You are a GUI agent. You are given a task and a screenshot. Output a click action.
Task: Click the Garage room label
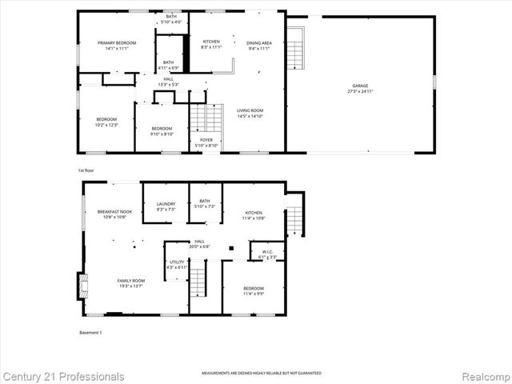tap(361, 87)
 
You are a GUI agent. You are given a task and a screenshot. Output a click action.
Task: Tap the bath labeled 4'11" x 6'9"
tap(168, 65)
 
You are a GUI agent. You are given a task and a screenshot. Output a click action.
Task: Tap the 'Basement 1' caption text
tap(90, 333)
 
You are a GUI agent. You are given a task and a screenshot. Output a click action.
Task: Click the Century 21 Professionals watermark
tap(62, 376)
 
